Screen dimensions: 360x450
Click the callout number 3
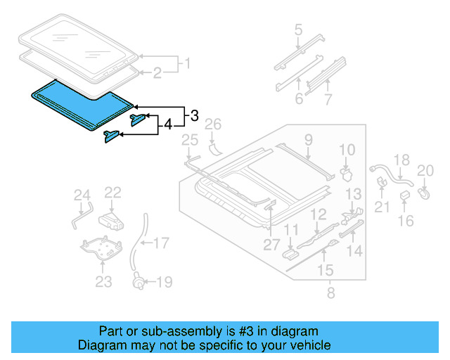click(x=193, y=115)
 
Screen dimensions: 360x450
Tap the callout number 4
click(x=167, y=126)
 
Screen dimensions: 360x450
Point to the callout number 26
click(x=212, y=125)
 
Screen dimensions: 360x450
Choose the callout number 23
click(x=103, y=283)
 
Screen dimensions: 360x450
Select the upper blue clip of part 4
click(x=138, y=118)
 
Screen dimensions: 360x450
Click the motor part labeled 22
click(x=111, y=220)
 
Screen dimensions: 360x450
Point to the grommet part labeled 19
click(x=139, y=283)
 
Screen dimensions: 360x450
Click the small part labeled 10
click(x=345, y=171)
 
